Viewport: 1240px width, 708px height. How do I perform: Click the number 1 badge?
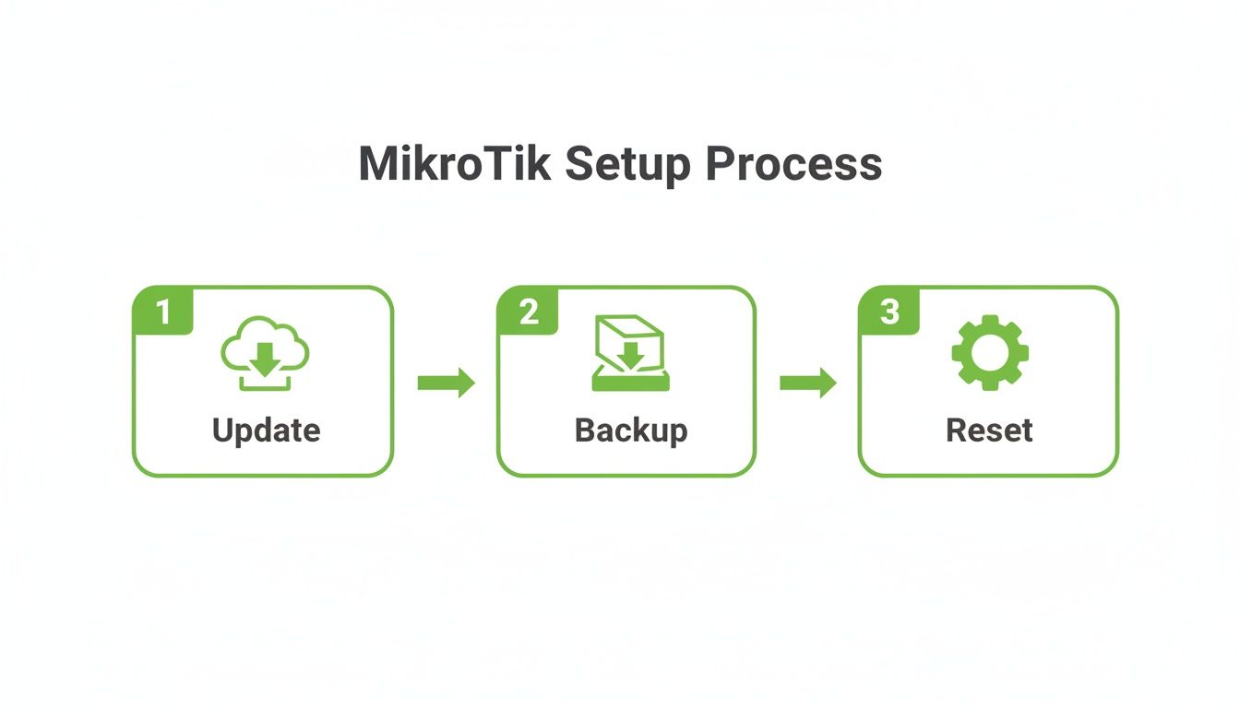(163, 312)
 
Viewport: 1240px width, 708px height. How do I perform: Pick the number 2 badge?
(528, 312)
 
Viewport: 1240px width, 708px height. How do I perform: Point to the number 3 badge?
(889, 312)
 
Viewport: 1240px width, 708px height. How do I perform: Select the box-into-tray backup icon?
(628, 353)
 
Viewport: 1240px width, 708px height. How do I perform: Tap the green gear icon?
(989, 352)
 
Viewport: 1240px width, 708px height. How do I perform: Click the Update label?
(266, 431)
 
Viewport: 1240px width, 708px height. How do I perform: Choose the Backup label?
(630, 431)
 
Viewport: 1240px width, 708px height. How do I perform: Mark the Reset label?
(989, 431)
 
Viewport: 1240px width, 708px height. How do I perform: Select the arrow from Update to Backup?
(446, 383)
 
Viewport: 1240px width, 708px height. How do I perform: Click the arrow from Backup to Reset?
(808, 383)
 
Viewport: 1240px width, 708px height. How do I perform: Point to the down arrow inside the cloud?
(265, 359)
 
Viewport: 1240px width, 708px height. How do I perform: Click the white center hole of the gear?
(989, 352)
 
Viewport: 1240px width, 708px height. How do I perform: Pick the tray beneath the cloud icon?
(265, 382)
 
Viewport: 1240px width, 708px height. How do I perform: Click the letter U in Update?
(222, 431)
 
